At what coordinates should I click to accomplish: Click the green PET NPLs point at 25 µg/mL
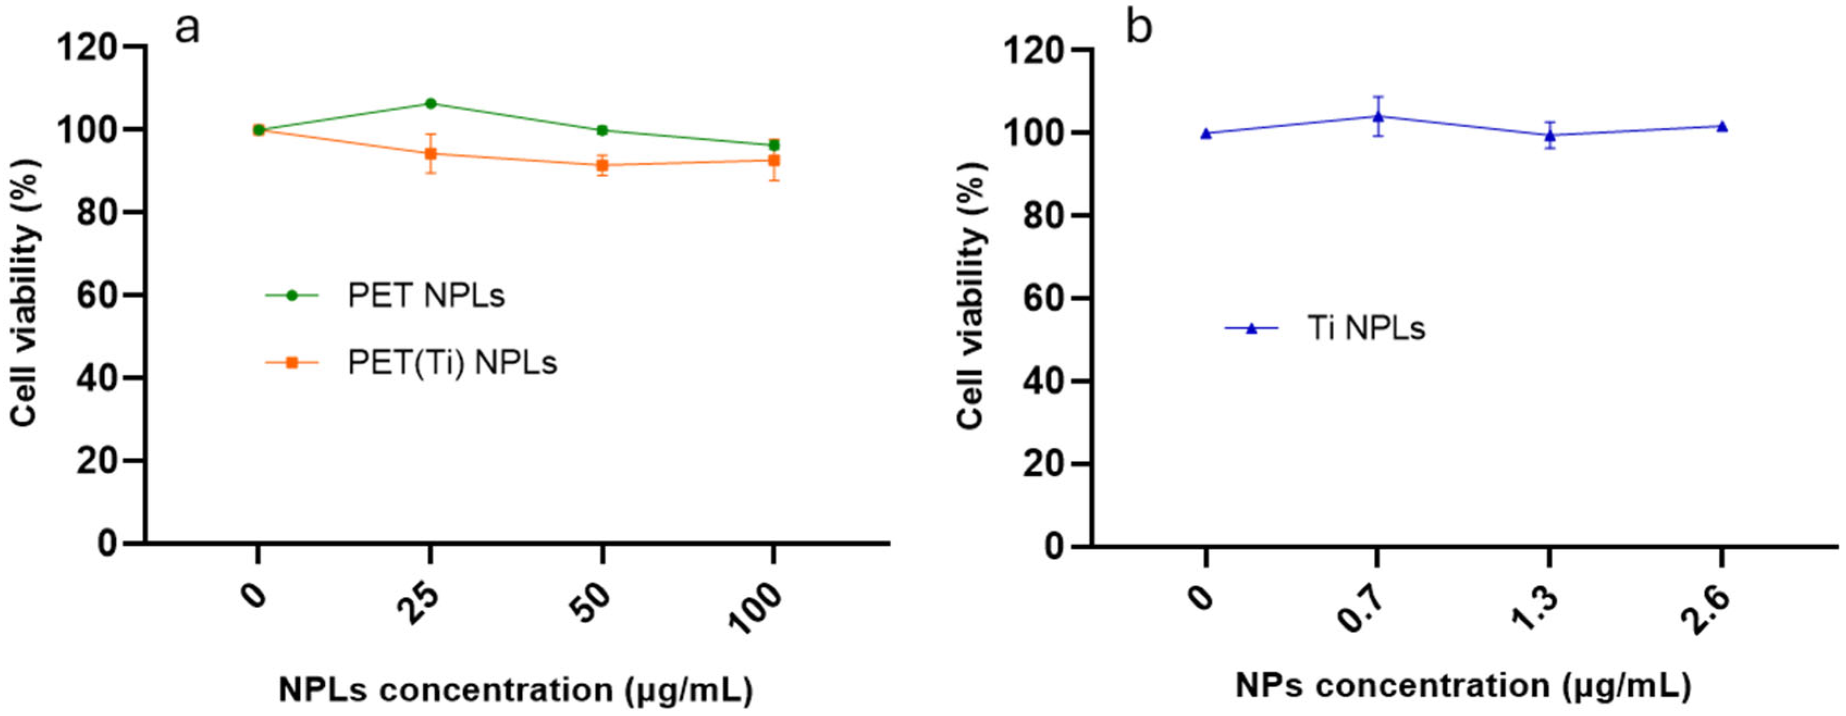(431, 103)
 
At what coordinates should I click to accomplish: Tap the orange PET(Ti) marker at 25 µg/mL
(431, 153)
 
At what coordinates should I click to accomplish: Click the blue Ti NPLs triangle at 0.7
(1378, 116)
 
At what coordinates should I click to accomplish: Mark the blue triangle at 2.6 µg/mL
(1722, 127)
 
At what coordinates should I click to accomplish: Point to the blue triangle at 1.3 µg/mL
(1549, 135)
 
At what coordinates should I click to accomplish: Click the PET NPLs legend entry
(425, 295)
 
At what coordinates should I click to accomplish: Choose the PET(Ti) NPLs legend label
(452, 363)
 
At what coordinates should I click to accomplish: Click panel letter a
(187, 29)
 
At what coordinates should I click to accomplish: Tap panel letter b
(1139, 29)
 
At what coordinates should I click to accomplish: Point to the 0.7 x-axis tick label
(1360, 608)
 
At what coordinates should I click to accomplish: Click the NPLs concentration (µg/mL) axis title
(515, 691)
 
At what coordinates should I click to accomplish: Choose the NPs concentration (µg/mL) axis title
(1464, 686)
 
